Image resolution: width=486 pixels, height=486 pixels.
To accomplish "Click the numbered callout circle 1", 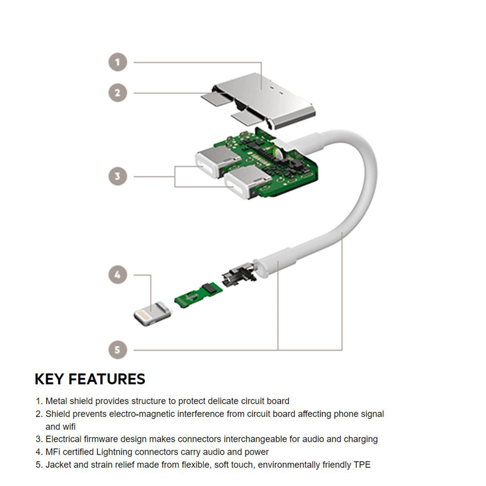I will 118,62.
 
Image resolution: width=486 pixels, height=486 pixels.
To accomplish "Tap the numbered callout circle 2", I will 118,93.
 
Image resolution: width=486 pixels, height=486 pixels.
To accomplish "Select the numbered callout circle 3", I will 118,177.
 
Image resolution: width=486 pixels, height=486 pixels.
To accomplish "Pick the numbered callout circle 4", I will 118,275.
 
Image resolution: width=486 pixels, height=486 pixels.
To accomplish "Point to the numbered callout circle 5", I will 118,350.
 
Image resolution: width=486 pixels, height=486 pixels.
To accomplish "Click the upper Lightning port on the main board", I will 213,162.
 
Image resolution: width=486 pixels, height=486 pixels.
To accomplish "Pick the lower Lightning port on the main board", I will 243,182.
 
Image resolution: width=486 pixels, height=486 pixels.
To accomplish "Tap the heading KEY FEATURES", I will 90,379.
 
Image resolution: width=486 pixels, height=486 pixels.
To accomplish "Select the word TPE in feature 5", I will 362,465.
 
